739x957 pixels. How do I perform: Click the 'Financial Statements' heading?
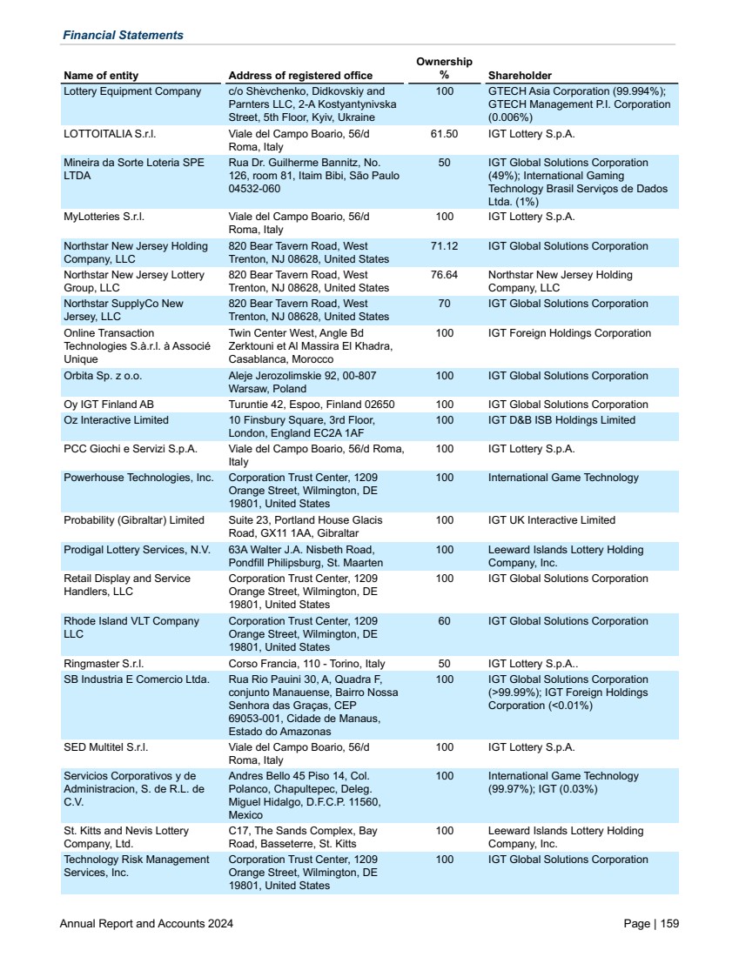tap(123, 35)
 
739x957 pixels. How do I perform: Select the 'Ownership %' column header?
tap(444, 68)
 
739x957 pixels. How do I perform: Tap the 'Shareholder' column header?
tap(520, 76)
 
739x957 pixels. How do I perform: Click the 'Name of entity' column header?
tap(101, 76)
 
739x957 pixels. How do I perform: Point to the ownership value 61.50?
tap(444, 134)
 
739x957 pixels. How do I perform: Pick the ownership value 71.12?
tap(444, 246)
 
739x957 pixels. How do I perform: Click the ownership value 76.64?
tap(444, 275)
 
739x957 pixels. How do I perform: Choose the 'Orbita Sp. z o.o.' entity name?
tap(103, 376)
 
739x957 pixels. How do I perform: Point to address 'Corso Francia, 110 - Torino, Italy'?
tap(306, 664)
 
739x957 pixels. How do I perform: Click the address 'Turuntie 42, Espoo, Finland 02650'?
tap(312, 405)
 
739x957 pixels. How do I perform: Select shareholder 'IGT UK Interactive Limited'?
tap(552, 520)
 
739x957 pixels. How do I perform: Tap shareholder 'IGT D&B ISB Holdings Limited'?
tap(561, 420)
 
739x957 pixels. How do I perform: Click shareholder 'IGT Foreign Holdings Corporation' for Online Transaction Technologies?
tap(569, 333)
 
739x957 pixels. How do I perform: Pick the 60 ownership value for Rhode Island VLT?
tap(444, 621)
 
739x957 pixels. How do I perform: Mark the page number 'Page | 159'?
tap(651, 924)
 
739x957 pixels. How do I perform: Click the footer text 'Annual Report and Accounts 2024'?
tap(146, 924)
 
